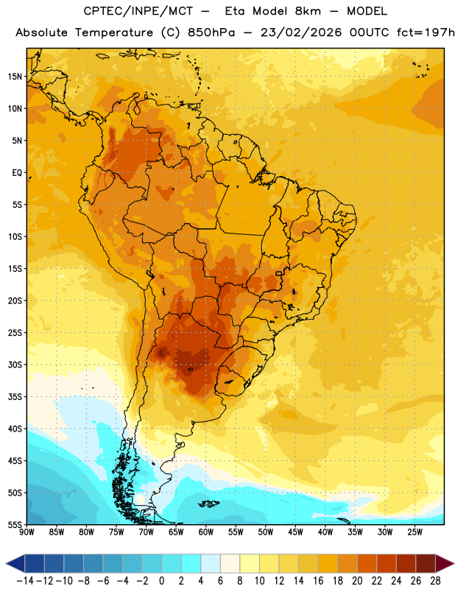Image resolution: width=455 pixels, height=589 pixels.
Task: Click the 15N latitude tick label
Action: pyautogui.click(x=15, y=77)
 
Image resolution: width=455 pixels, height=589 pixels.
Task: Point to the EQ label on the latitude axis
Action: pyautogui.click(x=17, y=173)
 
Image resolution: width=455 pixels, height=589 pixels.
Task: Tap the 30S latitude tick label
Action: pyautogui.click(x=15, y=364)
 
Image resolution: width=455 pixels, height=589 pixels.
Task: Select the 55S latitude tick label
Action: pyautogui.click(x=15, y=524)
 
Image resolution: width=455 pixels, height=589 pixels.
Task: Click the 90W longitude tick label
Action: pyautogui.click(x=27, y=532)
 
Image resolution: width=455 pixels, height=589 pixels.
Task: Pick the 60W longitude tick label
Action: pyautogui.click(x=206, y=532)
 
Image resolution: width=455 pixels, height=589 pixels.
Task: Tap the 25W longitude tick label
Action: pyautogui.click(x=415, y=532)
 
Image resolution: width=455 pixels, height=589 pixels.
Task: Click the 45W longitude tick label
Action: pyautogui.click(x=295, y=532)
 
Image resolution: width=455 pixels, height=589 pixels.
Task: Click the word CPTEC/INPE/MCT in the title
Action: pyautogui.click(x=138, y=11)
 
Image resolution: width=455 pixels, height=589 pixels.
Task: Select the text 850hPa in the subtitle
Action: pyautogui.click(x=211, y=32)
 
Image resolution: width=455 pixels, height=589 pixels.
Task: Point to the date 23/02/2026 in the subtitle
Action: pyautogui.click(x=301, y=32)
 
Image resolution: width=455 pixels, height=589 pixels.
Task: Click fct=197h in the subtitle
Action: pyautogui.click(x=426, y=32)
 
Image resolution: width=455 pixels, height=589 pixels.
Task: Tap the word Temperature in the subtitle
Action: pyautogui.click(x=114, y=32)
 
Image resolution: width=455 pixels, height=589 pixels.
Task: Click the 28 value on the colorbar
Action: pyautogui.click(x=435, y=581)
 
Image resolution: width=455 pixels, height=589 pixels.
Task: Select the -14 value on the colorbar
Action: pyautogui.click(x=25, y=581)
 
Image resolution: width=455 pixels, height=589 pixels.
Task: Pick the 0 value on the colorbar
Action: pyautogui.click(x=161, y=581)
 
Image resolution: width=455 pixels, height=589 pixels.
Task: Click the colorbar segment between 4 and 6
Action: pyautogui.click(x=211, y=563)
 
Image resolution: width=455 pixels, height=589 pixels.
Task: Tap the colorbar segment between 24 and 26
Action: pyautogui.click(x=406, y=563)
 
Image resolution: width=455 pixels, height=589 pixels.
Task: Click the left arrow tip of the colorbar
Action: pyautogui.click(x=6, y=563)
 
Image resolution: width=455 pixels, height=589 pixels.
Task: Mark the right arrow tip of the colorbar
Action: pyautogui.click(x=454, y=563)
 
